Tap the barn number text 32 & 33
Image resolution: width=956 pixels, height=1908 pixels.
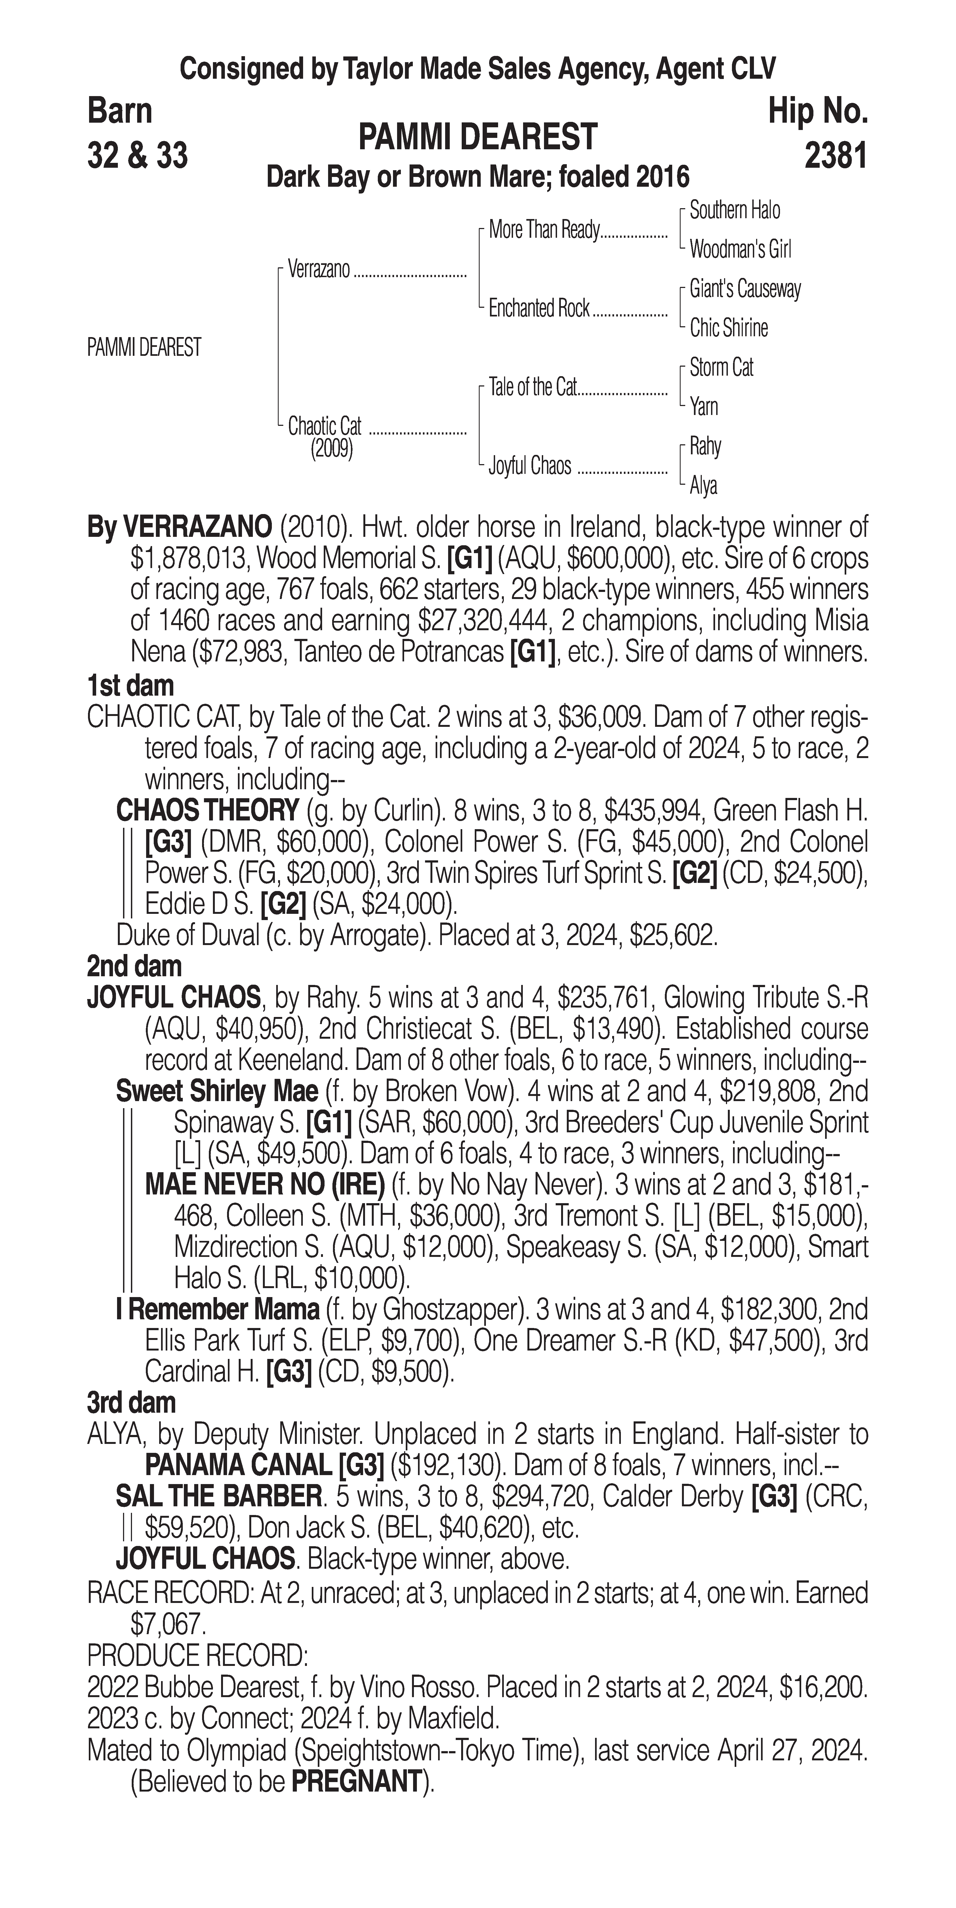tap(137, 156)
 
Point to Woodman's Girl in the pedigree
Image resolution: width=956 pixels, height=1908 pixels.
tap(740, 250)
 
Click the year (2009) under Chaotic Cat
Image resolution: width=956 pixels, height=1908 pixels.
tap(331, 449)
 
